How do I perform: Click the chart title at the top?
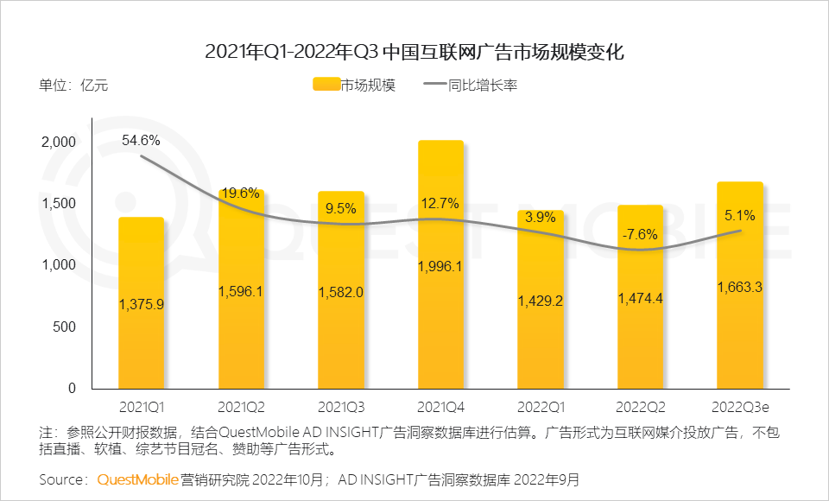pyautogui.click(x=414, y=51)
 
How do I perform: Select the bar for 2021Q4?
pyautogui.click(x=440, y=328)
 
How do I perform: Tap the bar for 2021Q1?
pyautogui.click(x=141, y=346)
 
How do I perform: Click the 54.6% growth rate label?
pyautogui.click(x=141, y=140)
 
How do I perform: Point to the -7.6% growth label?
pyautogui.click(x=640, y=234)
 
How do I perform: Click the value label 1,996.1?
pyautogui.click(x=440, y=266)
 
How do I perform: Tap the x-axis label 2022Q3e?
pyautogui.click(x=740, y=405)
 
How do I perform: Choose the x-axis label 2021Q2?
pyautogui.click(x=241, y=405)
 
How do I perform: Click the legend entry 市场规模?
pyautogui.click(x=354, y=85)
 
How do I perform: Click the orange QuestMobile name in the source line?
pyautogui.click(x=137, y=479)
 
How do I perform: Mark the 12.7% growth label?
pyautogui.click(x=440, y=204)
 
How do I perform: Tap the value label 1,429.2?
pyautogui.click(x=541, y=300)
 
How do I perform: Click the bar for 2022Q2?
pyautogui.click(x=640, y=346)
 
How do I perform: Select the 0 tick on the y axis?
pyautogui.click(x=73, y=389)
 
